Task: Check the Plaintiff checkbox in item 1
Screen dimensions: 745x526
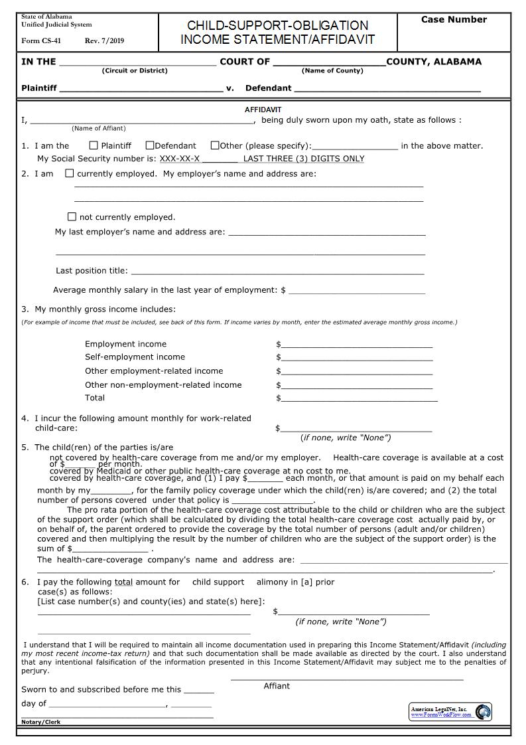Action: coord(94,145)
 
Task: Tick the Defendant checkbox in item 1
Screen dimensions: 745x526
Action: coord(150,145)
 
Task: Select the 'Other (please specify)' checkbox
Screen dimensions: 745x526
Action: coord(215,145)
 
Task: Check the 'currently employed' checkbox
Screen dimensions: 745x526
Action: coord(70,173)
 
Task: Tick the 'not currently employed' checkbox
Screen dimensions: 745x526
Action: coord(72,216)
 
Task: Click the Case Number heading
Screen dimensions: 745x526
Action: coord(454,20)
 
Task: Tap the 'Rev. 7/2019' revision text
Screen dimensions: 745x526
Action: coord(104,41)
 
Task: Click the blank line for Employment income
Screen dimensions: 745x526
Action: coord(357,344)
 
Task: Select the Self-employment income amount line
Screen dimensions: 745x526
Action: coord(357,357)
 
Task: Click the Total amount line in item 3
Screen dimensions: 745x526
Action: coord(359,398)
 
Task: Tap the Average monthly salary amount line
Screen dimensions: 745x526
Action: coord(357,290)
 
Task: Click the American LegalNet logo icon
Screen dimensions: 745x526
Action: coord(484,712)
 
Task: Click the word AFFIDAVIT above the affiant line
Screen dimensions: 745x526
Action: coord(263,110)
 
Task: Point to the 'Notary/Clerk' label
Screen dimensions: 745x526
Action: coord(40,722)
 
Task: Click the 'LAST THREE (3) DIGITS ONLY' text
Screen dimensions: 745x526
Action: coord(304,159)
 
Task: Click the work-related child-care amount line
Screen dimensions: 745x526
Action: coord(356,428)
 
